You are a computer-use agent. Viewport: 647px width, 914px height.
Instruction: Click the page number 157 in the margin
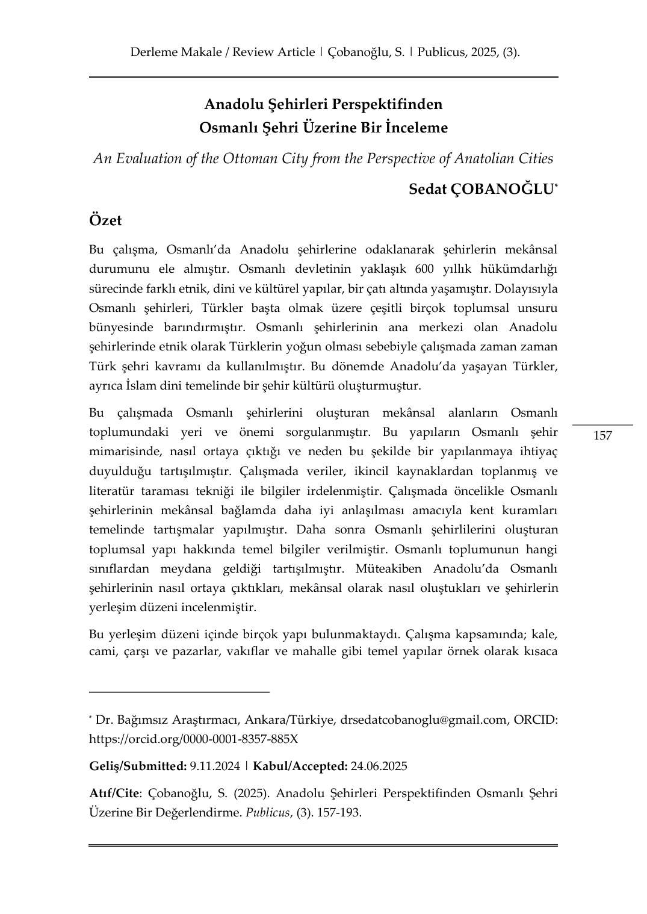tap(602, 435)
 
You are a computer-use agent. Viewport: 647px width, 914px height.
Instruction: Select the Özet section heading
tap(105, 220)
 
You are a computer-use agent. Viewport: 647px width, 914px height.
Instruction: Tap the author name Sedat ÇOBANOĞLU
tap(481, 189)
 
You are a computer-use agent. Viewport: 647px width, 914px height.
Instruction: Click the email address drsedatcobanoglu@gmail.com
tap(424, 720)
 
